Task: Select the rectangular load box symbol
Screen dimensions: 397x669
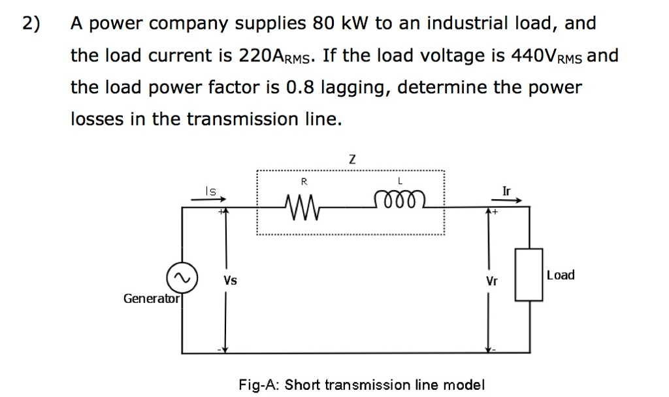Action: [529, 275]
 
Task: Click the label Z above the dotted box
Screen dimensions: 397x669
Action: [352, 159]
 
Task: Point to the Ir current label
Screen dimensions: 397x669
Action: [507, 191]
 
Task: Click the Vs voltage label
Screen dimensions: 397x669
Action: [230, 281]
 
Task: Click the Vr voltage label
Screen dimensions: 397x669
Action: [491, 282]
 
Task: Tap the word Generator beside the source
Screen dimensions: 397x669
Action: [151, 298]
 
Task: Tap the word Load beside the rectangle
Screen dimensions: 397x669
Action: [561, 275]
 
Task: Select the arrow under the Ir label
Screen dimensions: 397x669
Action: [511, 202]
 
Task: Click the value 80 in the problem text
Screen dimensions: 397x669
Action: [323, 24]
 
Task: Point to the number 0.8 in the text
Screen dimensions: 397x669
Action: [299, 87]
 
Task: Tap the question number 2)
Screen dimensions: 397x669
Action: [31, 24]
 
